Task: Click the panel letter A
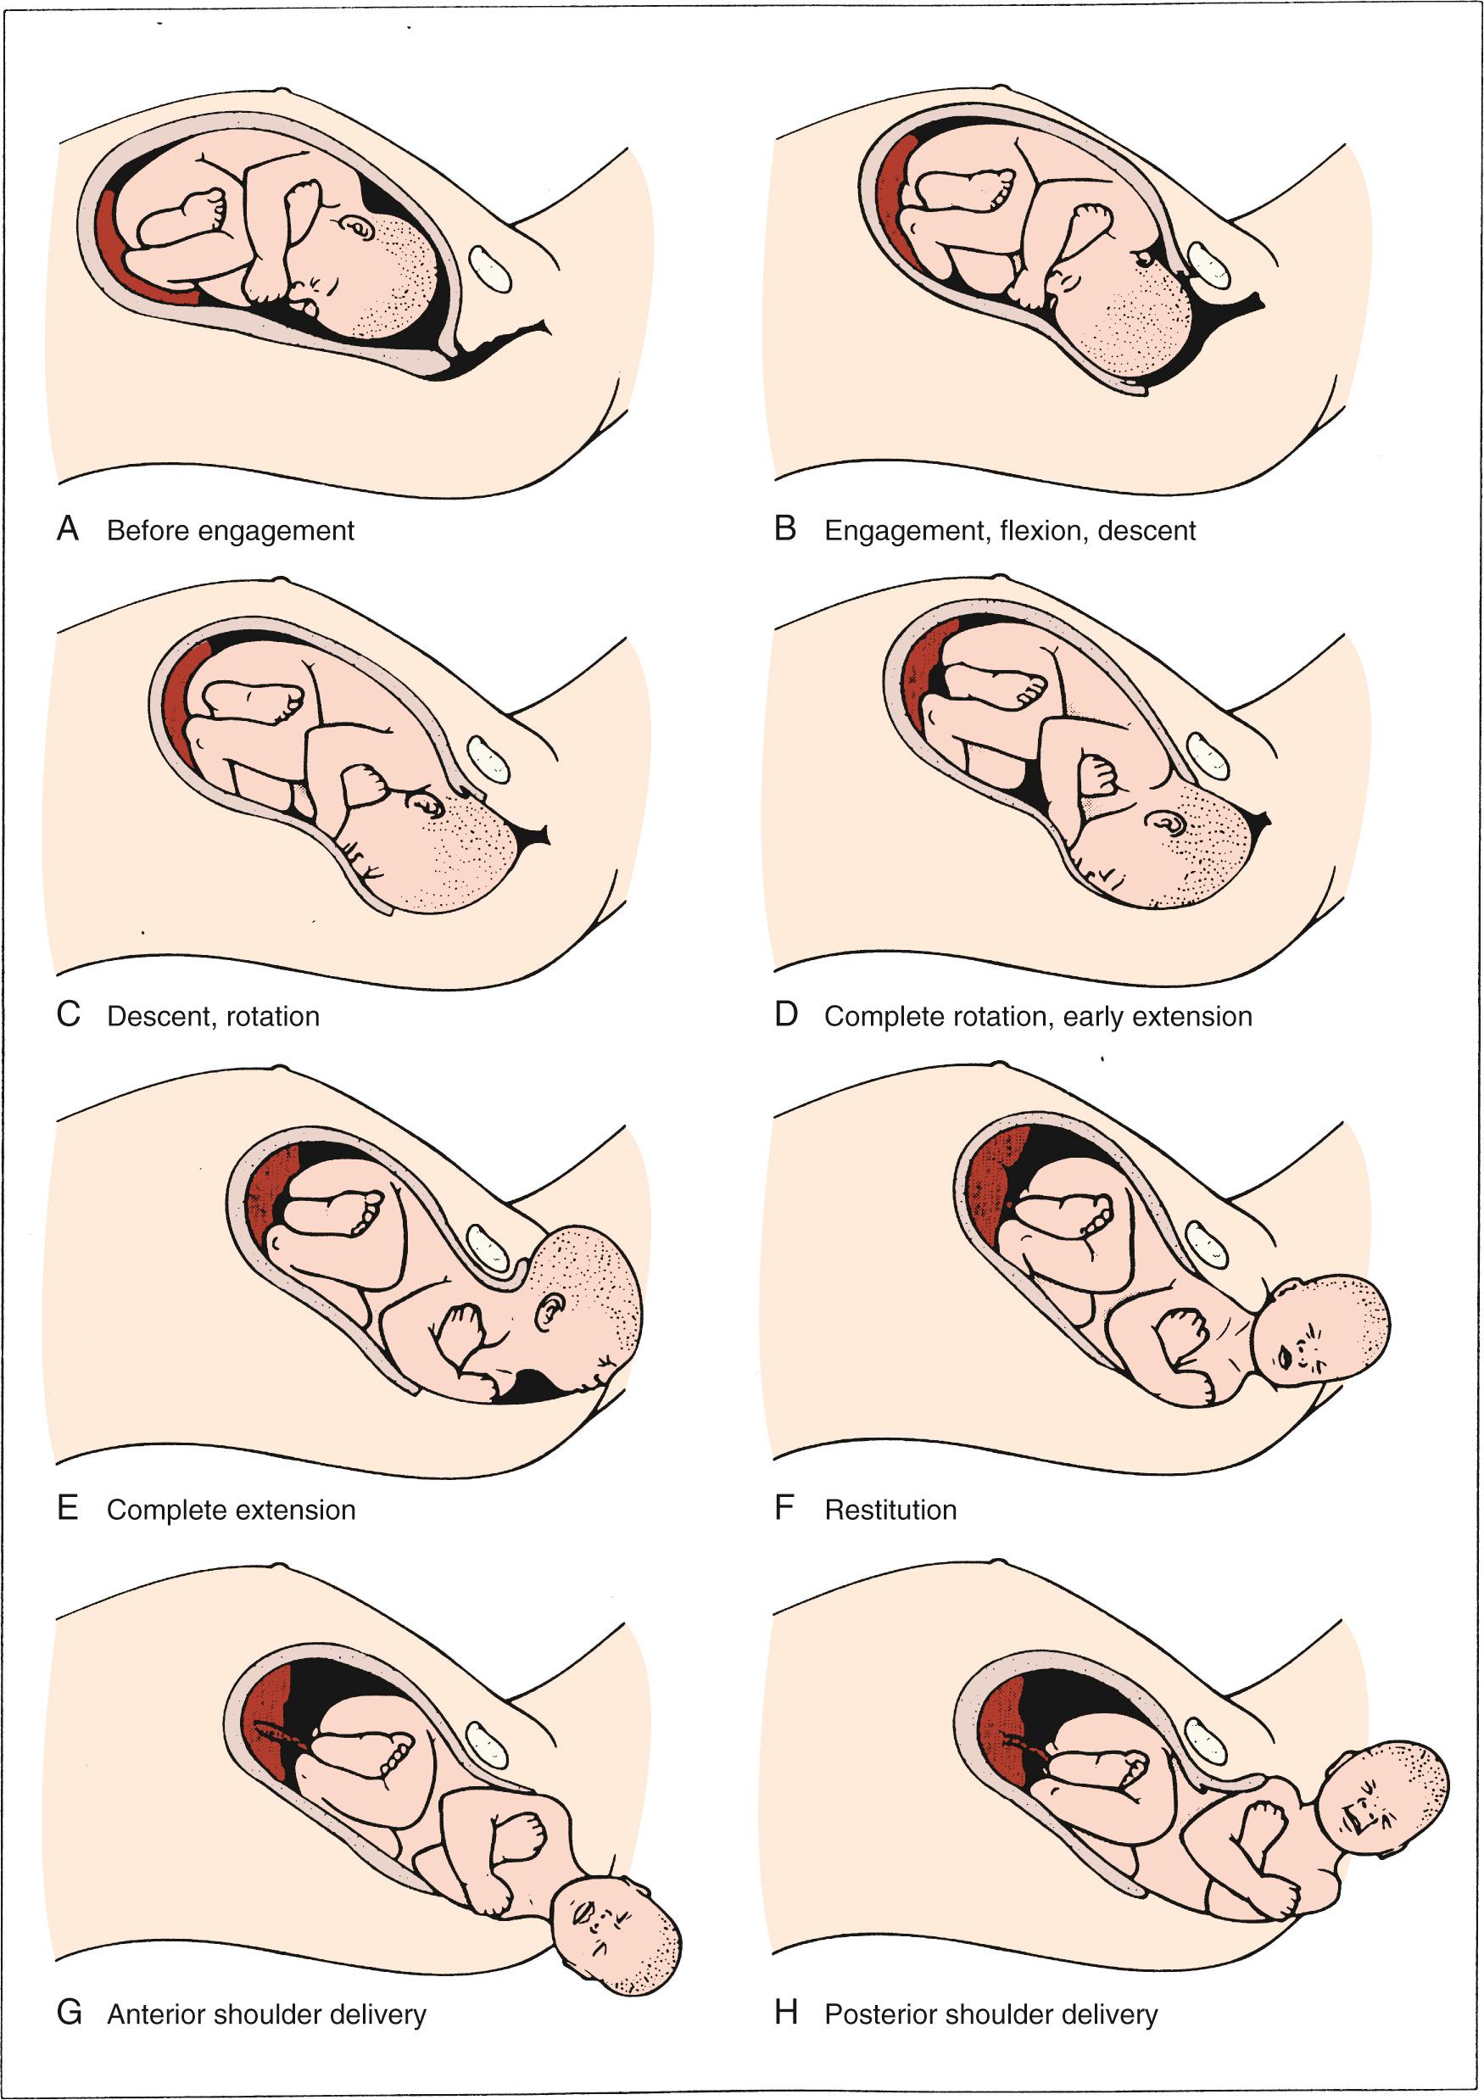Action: click(x=68, y=528)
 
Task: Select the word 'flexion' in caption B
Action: click(x=1040, y=530)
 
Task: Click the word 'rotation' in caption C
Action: click(x=271, y=1016)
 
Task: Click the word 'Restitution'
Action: click(x=890, y=1509)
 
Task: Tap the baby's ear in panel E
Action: click(x=550, y=1310)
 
